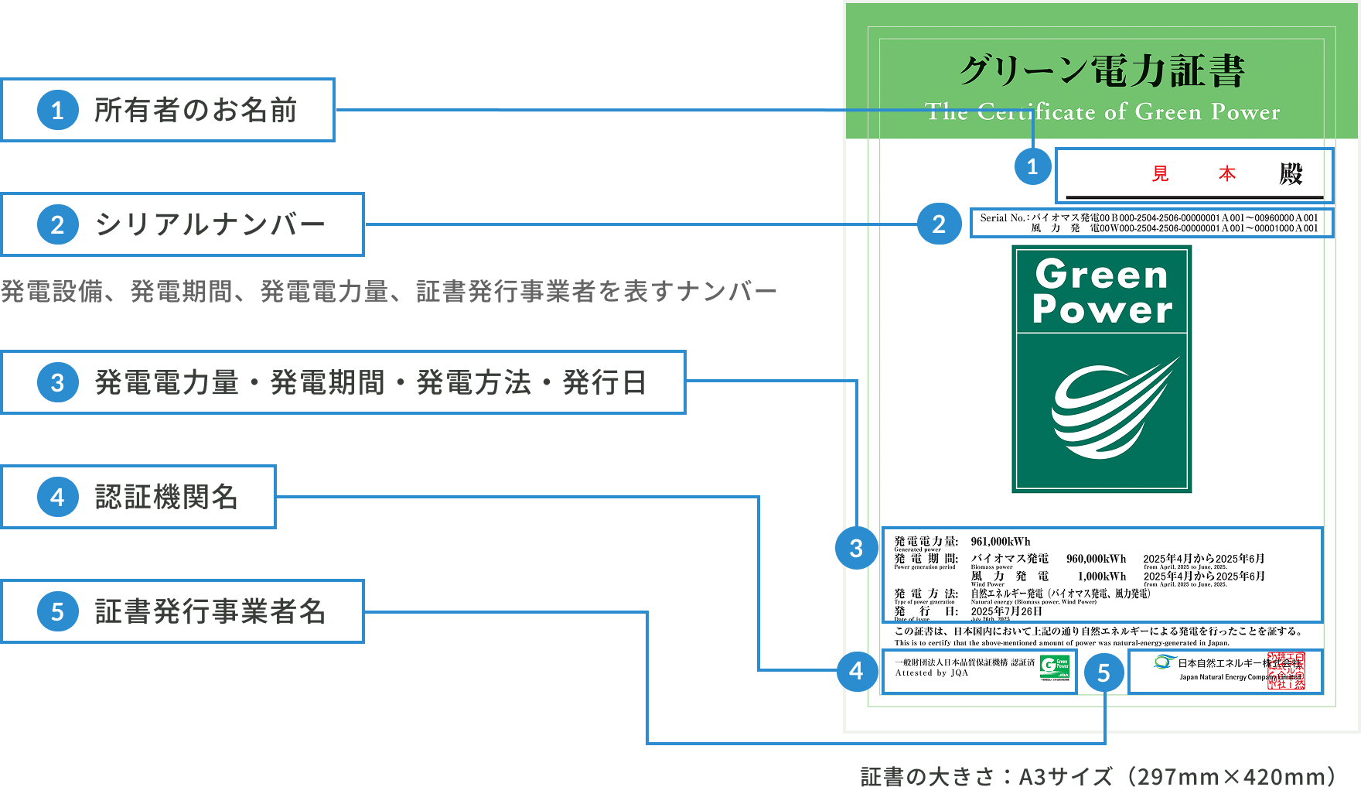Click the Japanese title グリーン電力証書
tap(1101, 71)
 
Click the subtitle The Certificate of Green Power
tap(1102, 112)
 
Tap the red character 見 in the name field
tap(1160, 174)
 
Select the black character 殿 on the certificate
tap(1291, 173)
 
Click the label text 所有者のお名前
tap(196, 110)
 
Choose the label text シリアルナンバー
tap(210, 224)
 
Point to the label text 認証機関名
tap(166, 497)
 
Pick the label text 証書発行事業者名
tap(210, 611)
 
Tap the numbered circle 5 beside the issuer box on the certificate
tap(1103, 672)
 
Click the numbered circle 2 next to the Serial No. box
tap(939, 224)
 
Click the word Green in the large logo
tap(1101, 275)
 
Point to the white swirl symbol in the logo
tap(1110, 410)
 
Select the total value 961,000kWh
tap(1001, 542)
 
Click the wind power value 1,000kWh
tap(1101, 577)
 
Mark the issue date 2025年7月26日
tap(1006, 611)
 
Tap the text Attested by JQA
tap(931, 673)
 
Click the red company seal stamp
tap(1286, 671)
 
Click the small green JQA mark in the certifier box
tap(1055, 668)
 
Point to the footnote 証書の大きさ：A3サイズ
tap(1098, 776)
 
